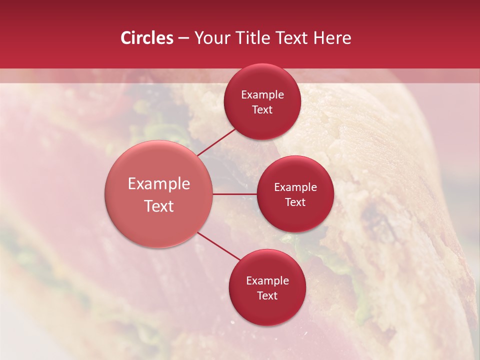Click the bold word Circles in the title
[146, 38]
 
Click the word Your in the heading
[211, 38]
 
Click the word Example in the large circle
[159, 184]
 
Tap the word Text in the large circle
[159, 206]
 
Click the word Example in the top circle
[262, 95]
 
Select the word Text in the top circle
[262, 110]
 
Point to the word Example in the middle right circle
[295, 187]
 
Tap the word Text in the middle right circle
[295, 202]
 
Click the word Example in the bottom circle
[267, 281]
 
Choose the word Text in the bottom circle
[267, 296]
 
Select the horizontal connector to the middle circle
[235, 194]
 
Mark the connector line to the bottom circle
[220, 246]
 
